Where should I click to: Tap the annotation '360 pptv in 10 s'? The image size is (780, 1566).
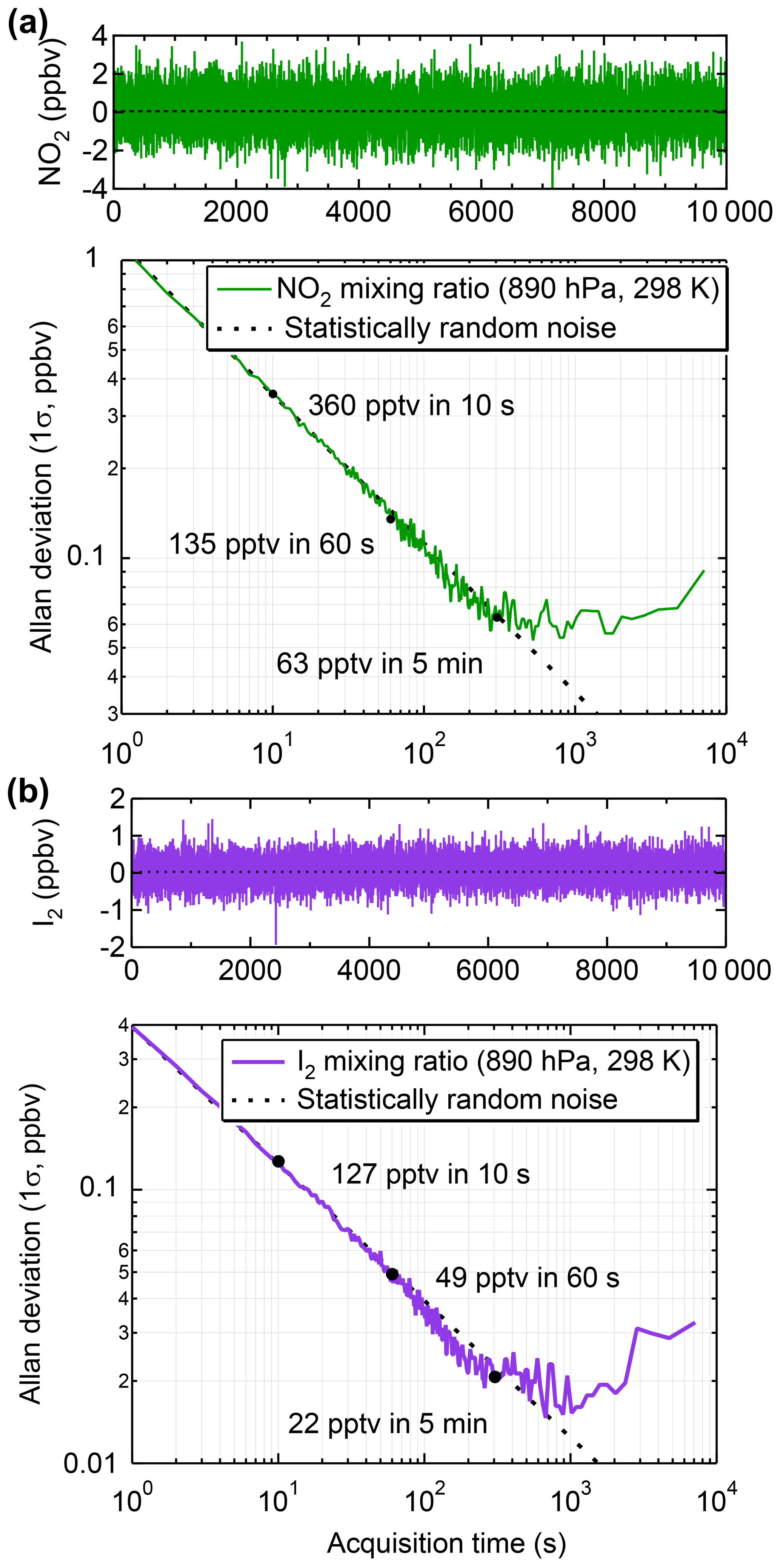(x=411, y=406)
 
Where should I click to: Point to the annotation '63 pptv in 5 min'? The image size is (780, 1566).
(x=379, y=663)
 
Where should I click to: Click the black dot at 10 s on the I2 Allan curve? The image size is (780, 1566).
(x=278, y=1161)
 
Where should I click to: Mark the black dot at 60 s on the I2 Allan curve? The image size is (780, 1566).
(x=392, y=1274)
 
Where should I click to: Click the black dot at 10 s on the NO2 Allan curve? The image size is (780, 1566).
(x=273, y=394)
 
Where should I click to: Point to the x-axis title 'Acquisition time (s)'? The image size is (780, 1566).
(x=446, y=1543)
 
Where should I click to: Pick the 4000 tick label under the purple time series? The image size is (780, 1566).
(x=369, y=970)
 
